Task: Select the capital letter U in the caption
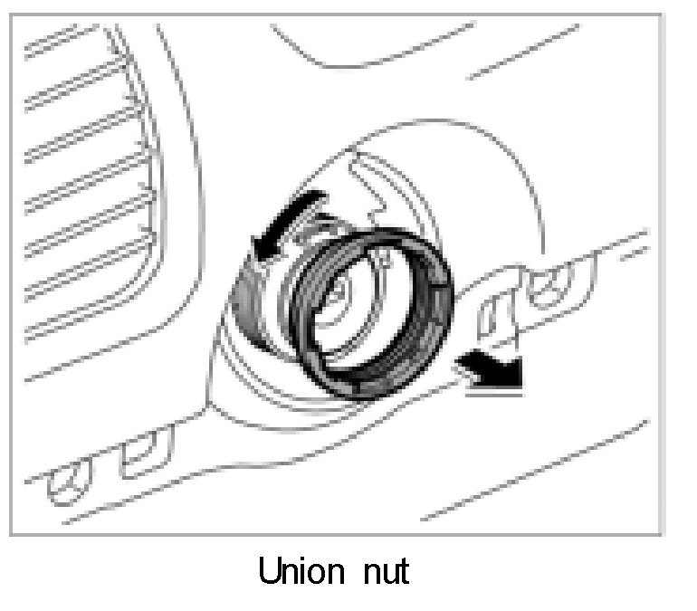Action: pyautogui.click(x=268, y=571)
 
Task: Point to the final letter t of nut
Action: pyautogui.click(x=403, y=571)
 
